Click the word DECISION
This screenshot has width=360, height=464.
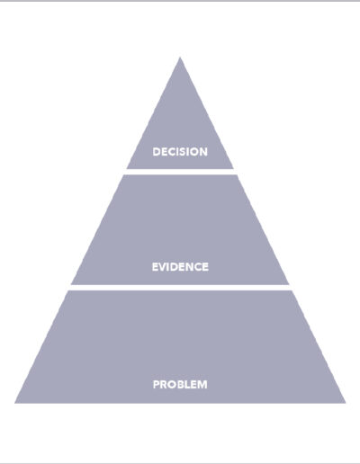point(180,152)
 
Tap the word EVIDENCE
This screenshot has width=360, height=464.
point(180,267)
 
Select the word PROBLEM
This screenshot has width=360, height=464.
point(180,384)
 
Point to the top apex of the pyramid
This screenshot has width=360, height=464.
point(180,58)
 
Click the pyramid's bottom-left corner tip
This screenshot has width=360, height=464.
point(15,403)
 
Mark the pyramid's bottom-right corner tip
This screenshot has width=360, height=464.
point(346,403)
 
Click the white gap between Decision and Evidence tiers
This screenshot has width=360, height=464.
point(180,172)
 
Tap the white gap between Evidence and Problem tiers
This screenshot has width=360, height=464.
point(180,288)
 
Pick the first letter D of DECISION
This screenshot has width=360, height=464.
point(157,152)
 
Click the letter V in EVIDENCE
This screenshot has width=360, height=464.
point(163,267)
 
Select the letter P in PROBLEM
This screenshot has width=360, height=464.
point(157,384)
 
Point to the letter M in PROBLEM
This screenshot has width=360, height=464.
point(202,384)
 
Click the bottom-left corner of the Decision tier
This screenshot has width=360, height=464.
point(127,169)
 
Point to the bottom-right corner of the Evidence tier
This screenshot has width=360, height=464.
point(289,284)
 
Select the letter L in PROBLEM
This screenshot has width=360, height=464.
point(186,384)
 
